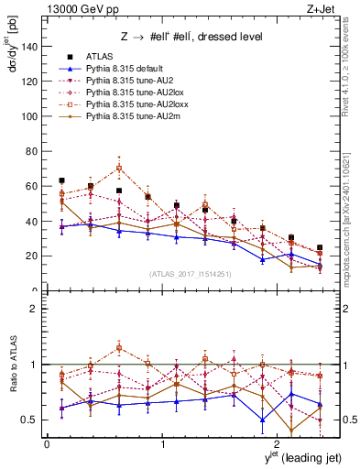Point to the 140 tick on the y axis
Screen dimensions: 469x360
[32, 46]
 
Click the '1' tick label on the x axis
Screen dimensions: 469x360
[162, 444]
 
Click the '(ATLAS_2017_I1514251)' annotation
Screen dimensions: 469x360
[191, 273]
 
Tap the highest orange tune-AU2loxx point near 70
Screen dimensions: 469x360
[119, 168]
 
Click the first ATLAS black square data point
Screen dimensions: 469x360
[61, 180]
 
